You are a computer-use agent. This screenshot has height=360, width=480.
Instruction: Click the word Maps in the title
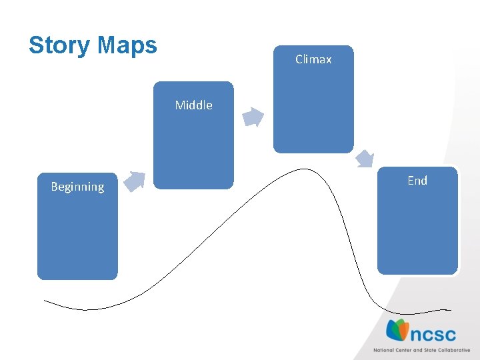tap(127, 45)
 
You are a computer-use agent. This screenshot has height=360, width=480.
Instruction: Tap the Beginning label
tap(77, 187)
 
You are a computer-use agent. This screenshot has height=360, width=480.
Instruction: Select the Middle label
tap(193, 105)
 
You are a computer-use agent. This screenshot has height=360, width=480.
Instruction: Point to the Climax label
tap(313, 59)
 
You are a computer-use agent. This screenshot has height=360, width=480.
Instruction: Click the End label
tap(417, 180)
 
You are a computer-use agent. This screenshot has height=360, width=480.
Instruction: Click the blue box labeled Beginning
tap(77, 233)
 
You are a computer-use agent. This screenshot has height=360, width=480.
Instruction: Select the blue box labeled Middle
tap(193, 147)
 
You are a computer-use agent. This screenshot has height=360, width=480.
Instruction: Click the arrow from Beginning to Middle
tap(135, 181)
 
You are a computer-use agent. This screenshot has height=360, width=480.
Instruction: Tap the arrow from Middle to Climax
tap(253, 117)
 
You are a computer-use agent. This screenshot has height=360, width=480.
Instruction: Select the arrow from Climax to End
tap(365, 159)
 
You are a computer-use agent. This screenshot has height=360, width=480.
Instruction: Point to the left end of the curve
tap(45, 301)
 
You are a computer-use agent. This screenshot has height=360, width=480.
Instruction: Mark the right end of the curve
tap(450, 309)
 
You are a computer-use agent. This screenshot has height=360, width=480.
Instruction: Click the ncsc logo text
tap(433, 332)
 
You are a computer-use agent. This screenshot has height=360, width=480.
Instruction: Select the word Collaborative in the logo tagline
tap(453, 350)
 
